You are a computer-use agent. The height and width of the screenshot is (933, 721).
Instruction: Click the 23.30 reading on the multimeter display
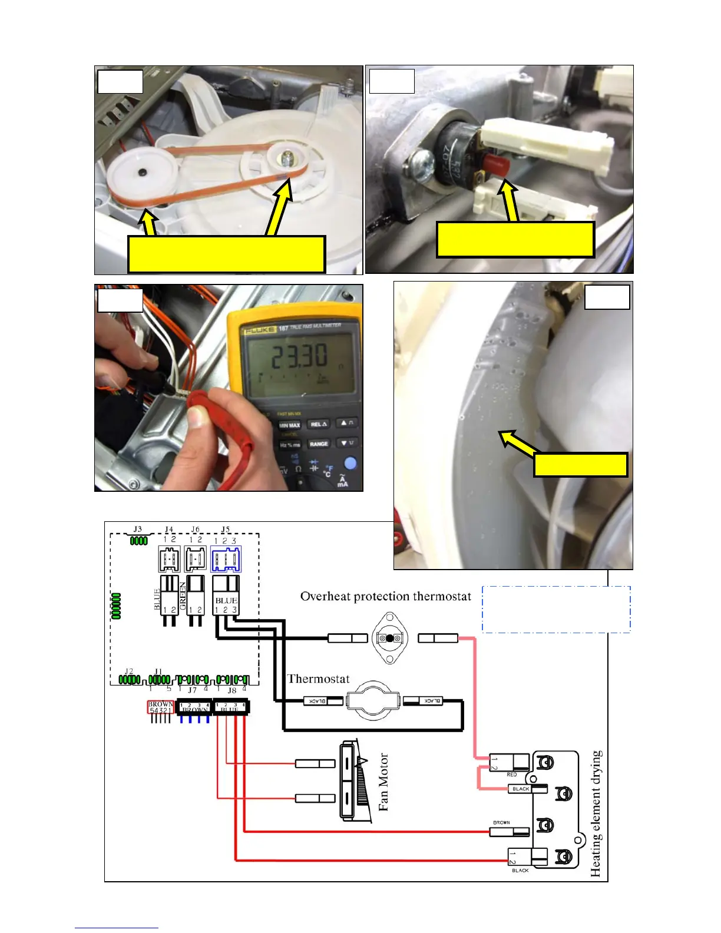point(299,356)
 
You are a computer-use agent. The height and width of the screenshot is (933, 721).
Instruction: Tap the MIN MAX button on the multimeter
point(289,425)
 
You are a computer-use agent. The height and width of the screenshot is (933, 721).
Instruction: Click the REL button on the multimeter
point(318,424)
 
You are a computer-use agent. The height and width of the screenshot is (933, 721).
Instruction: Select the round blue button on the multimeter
point(350,464)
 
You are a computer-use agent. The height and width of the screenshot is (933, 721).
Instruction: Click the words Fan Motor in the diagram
point(383,782)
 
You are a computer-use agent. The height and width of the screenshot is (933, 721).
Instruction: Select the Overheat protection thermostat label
point(386,597)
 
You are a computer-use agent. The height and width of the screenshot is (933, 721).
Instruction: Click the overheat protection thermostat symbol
point(389,638)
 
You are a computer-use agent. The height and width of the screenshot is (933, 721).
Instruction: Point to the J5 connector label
point(225,530)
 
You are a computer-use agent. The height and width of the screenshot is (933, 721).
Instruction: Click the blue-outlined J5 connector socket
point(226,559)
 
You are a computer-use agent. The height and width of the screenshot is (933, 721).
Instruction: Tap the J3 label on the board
point(138,529)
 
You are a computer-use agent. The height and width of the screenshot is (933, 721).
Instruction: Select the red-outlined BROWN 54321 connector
point(160,707)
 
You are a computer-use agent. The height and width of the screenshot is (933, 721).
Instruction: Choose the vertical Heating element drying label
point(596,813)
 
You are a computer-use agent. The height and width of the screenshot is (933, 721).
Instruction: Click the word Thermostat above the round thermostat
point(318,679)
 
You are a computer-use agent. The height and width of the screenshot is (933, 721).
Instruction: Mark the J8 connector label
point(231,690)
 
